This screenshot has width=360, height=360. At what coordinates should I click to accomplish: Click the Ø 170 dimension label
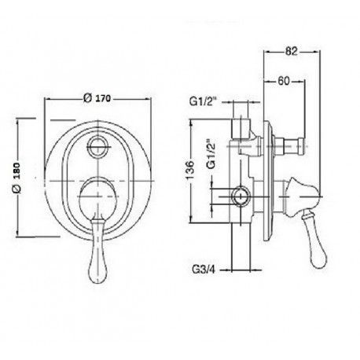(97, 98)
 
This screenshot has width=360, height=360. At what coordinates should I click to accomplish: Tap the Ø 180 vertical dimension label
(17, 178)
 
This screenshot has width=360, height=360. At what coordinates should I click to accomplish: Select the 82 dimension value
(292, 51)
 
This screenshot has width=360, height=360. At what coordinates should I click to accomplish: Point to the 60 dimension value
(284, 81)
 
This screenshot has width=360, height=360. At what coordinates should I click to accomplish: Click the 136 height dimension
(190, 171)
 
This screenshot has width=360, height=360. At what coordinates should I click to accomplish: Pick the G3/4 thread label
(204, 270)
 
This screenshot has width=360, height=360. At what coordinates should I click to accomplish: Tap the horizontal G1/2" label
(204, 101)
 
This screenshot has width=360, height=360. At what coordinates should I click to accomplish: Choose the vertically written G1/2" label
(211, 153)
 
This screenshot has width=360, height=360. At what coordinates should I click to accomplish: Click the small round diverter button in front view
(97, 146)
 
